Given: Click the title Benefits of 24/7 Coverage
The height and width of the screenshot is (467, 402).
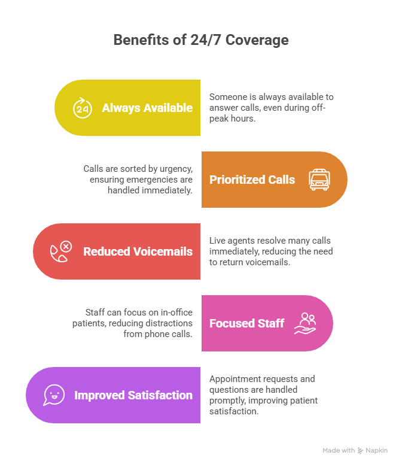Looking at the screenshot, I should coord(201,40).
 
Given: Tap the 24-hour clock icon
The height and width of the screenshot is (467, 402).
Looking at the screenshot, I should coord(82,108).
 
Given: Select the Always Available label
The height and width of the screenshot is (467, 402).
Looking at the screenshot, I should coord(147,108).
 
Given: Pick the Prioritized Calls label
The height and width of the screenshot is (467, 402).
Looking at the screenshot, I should coord(252,180).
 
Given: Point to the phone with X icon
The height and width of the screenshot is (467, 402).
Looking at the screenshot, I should coord(60,251).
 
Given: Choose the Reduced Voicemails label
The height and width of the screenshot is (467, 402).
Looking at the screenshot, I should coord(138,251).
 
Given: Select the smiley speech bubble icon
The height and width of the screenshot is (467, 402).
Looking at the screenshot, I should coord(54,395).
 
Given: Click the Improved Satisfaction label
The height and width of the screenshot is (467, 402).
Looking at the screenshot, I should coord(133,395).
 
